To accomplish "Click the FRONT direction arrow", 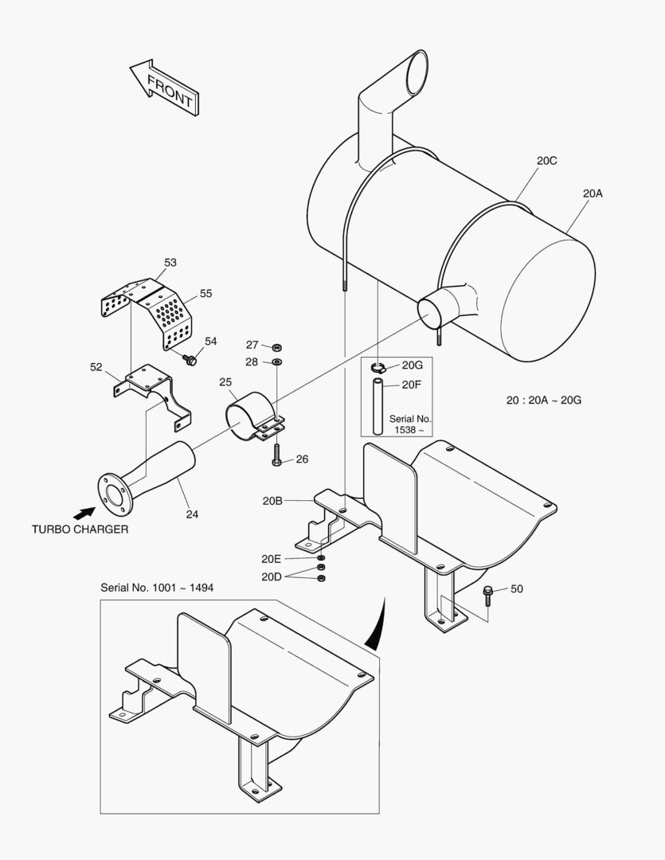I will point(165,87).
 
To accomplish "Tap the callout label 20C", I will point(546,161).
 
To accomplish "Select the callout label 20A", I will point(593,193).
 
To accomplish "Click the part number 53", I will point(170,262).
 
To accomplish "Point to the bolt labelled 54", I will point(190,361).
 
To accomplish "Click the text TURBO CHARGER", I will point(80,530).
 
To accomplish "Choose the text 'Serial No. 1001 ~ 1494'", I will point(157,588).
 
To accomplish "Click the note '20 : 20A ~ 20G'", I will point(543,400).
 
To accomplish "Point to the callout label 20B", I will point(272,501).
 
